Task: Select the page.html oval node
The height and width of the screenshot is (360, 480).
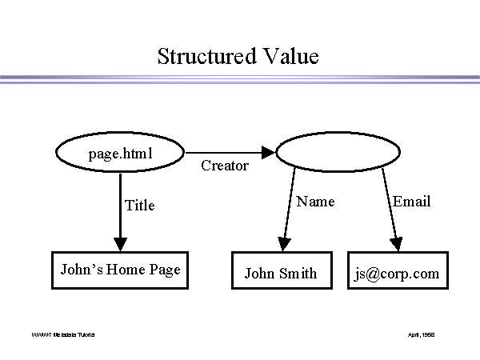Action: point(120,152)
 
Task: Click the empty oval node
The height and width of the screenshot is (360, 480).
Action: point(338,153)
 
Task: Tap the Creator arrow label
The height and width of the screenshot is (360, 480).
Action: point(225,166)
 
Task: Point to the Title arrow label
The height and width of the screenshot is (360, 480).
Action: point(140,206)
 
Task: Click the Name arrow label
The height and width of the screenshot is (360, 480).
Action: point(315,202)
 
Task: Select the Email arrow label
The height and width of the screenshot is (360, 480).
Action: point(411,202)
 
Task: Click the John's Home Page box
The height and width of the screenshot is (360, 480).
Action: point(120,270)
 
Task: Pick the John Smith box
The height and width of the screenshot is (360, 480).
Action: point(280,274)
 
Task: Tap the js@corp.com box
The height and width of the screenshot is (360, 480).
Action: point(398,274)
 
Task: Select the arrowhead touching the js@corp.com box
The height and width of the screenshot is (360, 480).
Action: point(395,243)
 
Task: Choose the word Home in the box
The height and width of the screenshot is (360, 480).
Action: point(127,270)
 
